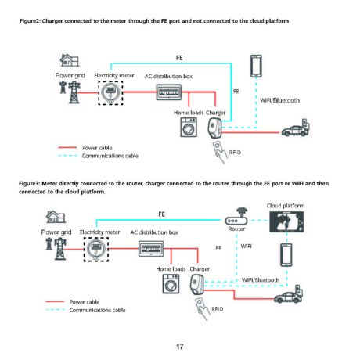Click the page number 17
179,347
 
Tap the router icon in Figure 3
236,217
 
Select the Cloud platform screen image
286,221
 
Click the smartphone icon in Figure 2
256,67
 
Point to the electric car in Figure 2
296,128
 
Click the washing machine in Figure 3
171,283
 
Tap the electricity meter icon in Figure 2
110,93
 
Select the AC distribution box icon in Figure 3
151,249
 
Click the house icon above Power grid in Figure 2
70,60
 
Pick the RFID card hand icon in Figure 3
202,309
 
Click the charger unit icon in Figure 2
215,128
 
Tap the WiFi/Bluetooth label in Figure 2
279,100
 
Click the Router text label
236,229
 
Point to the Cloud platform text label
286,206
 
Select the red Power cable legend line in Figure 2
67,148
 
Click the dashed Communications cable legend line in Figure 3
55,310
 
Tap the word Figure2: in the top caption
30,21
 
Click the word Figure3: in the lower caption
29,183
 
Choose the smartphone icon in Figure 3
286,255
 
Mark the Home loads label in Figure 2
189,113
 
